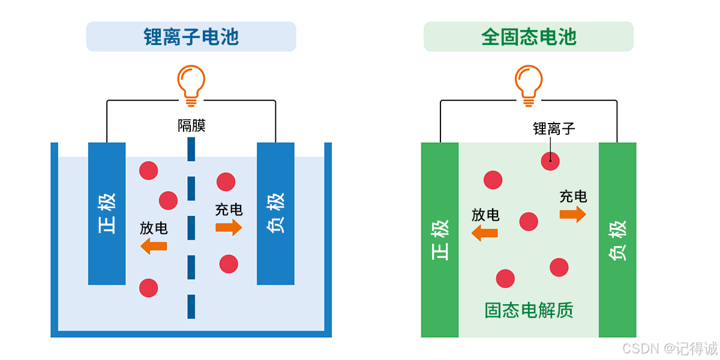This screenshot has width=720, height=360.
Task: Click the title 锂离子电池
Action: (191, 37)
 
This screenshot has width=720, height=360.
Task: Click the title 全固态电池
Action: (529, 37)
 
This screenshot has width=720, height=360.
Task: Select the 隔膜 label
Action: (191, 126)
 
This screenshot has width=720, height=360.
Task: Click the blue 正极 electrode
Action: (107, 213)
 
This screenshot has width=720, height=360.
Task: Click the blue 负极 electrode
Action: (275, 213)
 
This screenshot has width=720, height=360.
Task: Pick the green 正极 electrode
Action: (440, 240)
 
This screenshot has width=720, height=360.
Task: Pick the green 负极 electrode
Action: (617, 240)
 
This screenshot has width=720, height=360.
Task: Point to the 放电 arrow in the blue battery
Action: (154, 245)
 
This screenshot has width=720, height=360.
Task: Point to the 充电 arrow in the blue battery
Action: (229, 227)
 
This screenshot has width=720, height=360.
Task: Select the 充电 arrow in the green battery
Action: (573, 214)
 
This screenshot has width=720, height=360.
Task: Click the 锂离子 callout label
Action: (554, 128)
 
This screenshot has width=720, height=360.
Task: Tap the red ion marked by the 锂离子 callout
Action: (550, 160)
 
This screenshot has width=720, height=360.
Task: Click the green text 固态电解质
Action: (529, 310)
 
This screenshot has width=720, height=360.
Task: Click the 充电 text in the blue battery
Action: (229, 209)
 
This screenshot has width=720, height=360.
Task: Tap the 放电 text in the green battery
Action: (485, 215)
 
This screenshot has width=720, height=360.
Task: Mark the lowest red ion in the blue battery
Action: (149, 288)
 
